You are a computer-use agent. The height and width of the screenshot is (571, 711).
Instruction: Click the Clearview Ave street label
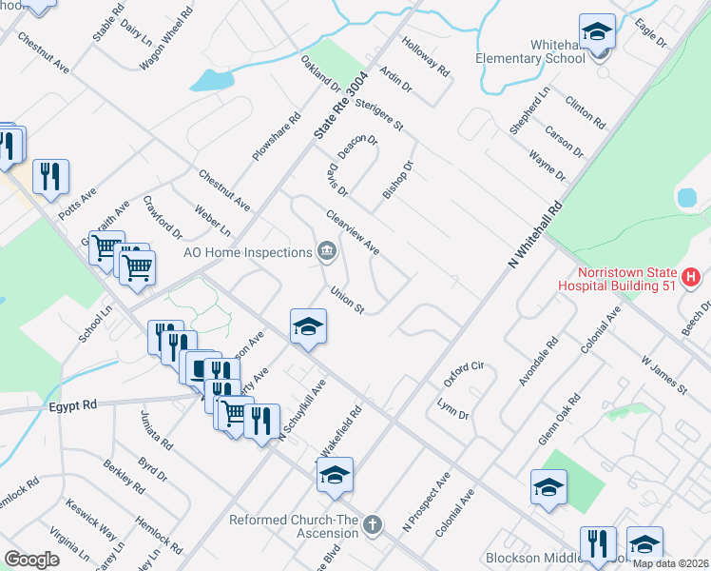tap(353, 233)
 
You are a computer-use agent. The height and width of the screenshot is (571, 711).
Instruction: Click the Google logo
tap(31, 560)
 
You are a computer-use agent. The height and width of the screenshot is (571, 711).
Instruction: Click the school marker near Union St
tap(308, 326)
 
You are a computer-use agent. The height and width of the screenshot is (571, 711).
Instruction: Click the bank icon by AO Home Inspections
tap(327, 252)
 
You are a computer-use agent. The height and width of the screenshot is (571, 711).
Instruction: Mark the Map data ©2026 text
tap(670, 563)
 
